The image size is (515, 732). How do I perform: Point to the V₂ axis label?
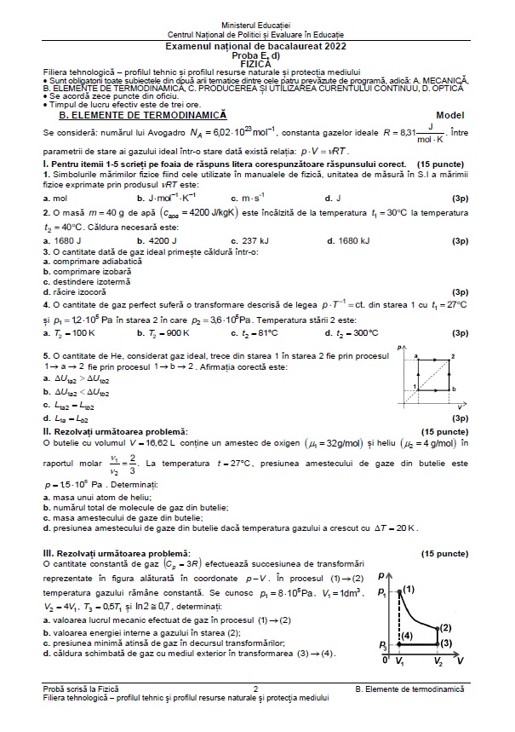coord(438,661)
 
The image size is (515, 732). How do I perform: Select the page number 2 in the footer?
coord(256,688)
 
